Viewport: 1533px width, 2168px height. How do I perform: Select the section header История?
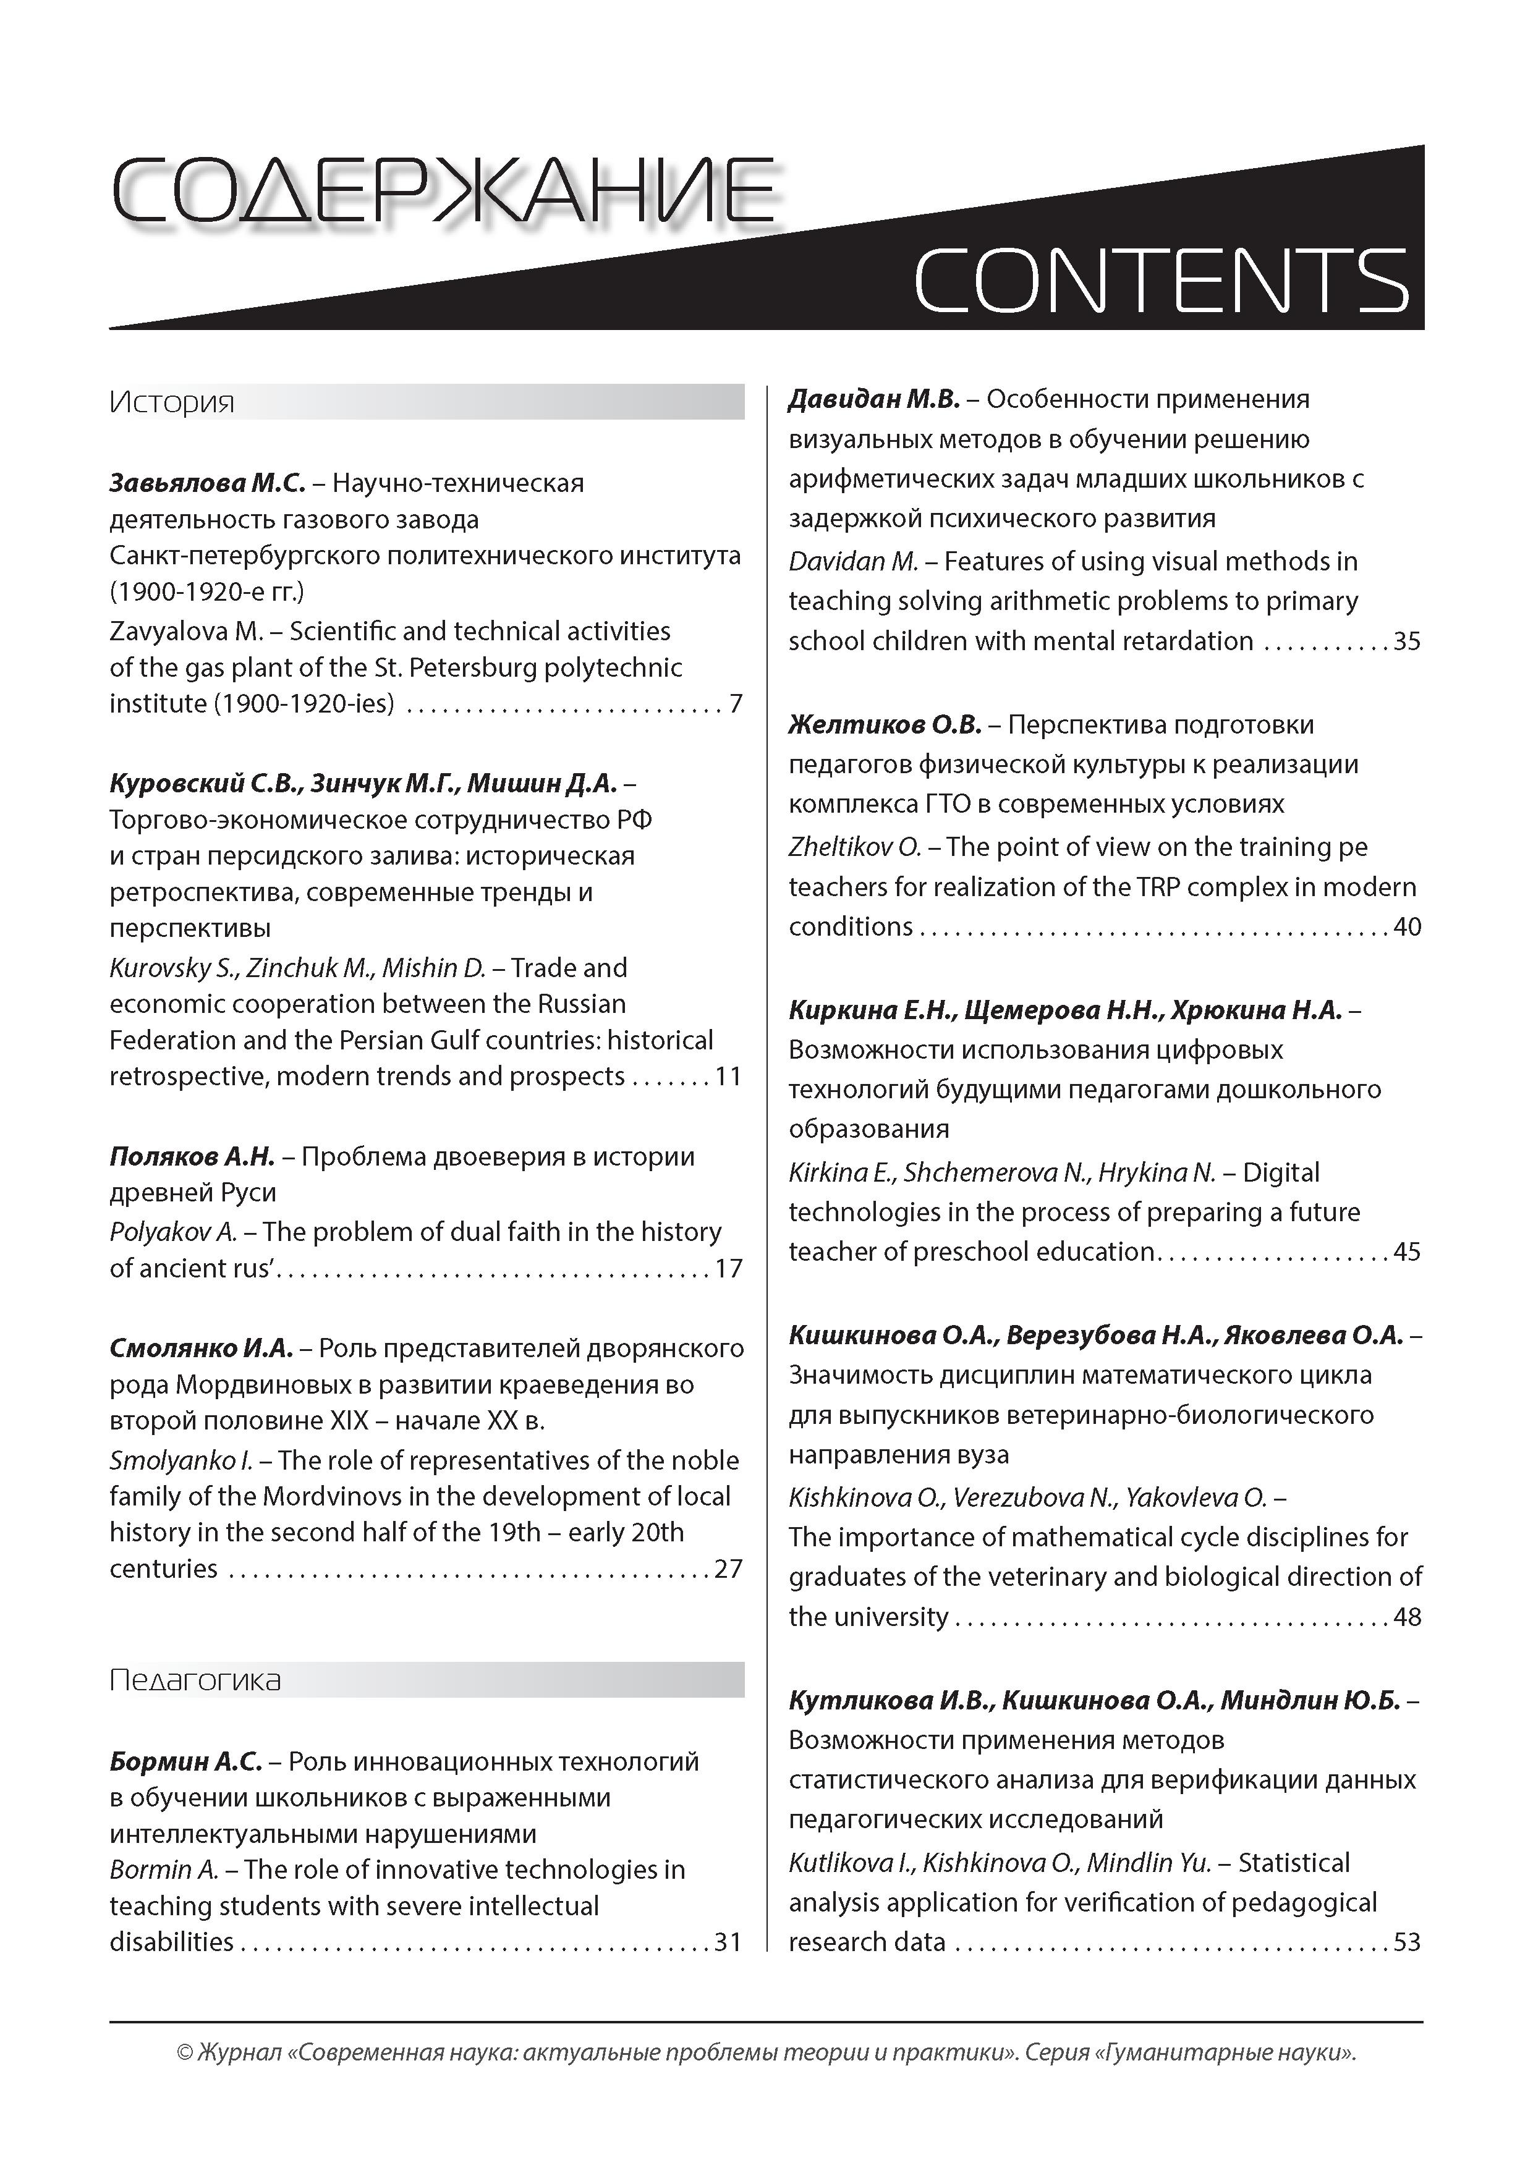click(x=172, y=403)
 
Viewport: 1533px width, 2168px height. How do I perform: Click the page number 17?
click(x=728, y=1268)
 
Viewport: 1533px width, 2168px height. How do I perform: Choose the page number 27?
click(x=728, y=1569)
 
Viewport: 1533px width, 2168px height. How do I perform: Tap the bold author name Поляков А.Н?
click(x=192, y=1157)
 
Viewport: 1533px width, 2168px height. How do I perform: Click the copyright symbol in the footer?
click(x=184, y=2079)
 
